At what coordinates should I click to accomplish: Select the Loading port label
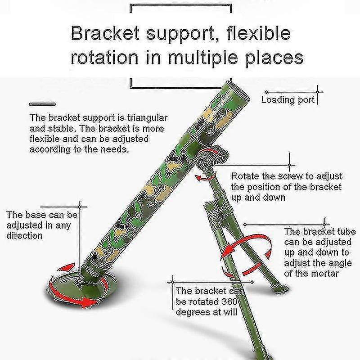[288, 100]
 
